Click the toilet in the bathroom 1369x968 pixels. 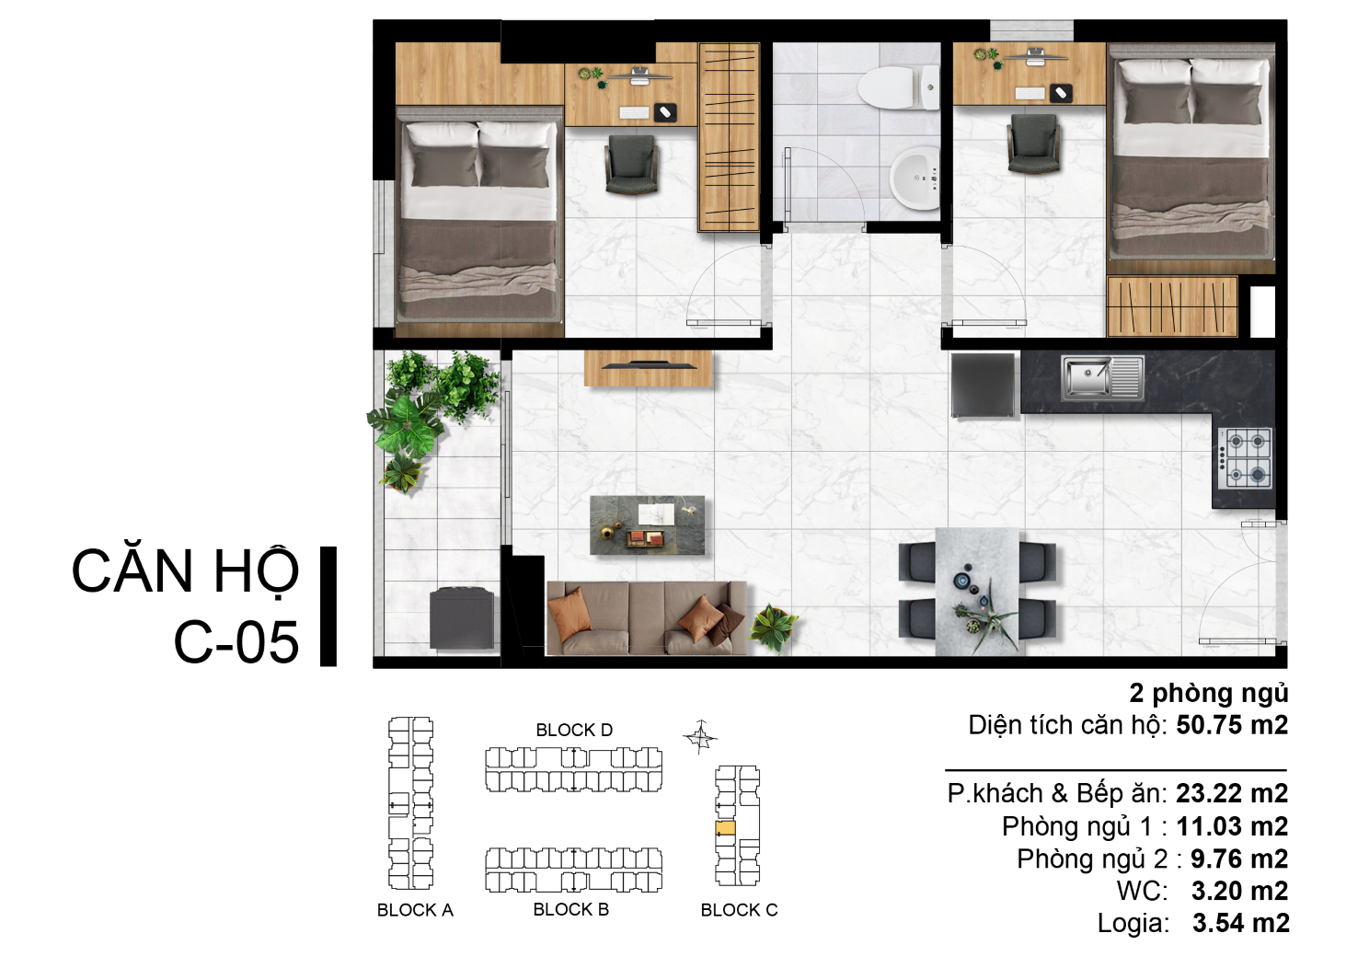(x=898, y=88)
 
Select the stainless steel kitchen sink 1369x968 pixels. (x=1102, y=378)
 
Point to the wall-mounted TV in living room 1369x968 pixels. (x=649, y=365)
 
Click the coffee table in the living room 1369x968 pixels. (x=647, y=525)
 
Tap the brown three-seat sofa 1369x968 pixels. (x=647, y=617)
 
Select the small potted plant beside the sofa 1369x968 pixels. (x=773, y=627)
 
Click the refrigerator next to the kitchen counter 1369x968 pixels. (x=983, y=386)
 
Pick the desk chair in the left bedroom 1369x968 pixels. (x=632, y=165)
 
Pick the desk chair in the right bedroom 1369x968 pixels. (x=1032, y=144)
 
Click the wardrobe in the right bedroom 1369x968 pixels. (x=1172, y=306)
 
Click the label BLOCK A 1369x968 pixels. (x=415, y=910)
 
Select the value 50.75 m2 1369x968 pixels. (x=1232, y=725)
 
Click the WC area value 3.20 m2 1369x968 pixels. (x=1239, y=891)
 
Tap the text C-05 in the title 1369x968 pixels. (x=236, y=642)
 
